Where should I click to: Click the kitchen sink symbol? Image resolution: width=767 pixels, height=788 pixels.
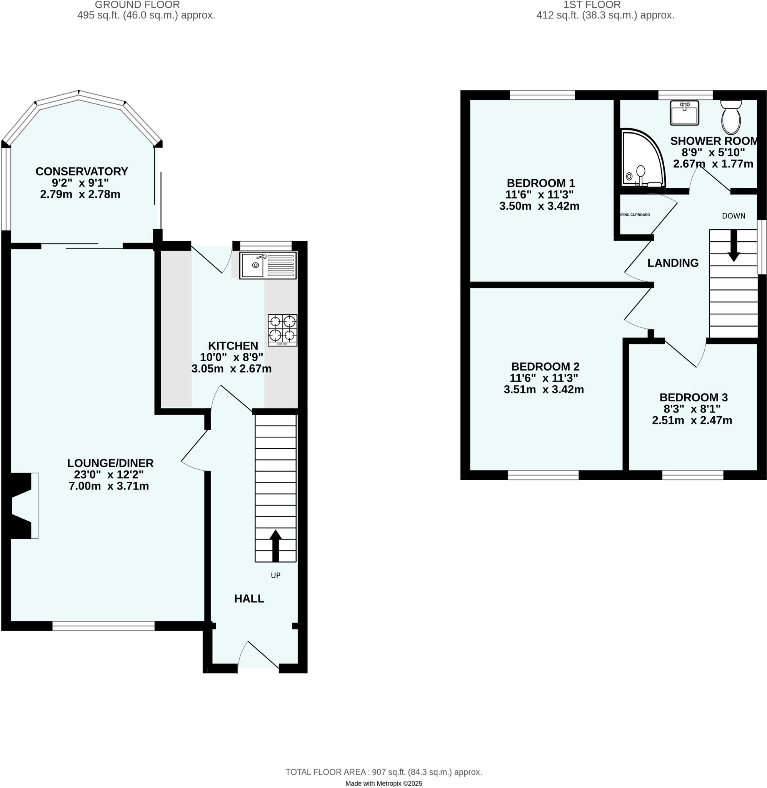click(268, 265)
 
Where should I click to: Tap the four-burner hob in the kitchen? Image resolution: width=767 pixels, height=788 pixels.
click(283, 329)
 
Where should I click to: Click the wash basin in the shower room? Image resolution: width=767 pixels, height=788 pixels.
click(684, 113)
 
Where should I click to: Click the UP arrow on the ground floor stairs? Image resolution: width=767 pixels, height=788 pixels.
click(275, 546)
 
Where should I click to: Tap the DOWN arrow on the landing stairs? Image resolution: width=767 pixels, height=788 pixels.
click(734, 246)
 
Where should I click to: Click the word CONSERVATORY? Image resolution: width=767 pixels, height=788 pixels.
click(82, 171)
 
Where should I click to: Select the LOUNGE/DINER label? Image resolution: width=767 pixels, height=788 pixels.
click(110, 463)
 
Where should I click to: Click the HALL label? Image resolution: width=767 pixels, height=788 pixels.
click(249, 599)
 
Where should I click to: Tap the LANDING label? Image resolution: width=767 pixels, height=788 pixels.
click(673, 263)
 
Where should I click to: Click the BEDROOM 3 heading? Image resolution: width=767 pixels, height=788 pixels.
click(693, 397)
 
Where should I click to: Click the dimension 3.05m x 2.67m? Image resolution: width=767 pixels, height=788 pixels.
click(231, 369)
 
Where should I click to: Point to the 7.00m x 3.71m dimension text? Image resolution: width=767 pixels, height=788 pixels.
click(109, 486)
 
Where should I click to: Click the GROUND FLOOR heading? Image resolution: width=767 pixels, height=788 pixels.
click(137, 5)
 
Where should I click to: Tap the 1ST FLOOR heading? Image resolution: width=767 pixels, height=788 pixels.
click(592, 5)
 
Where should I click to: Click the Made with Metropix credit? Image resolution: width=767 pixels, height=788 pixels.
click(383, 783)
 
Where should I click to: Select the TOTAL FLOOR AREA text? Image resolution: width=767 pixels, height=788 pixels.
click(383, 772)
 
